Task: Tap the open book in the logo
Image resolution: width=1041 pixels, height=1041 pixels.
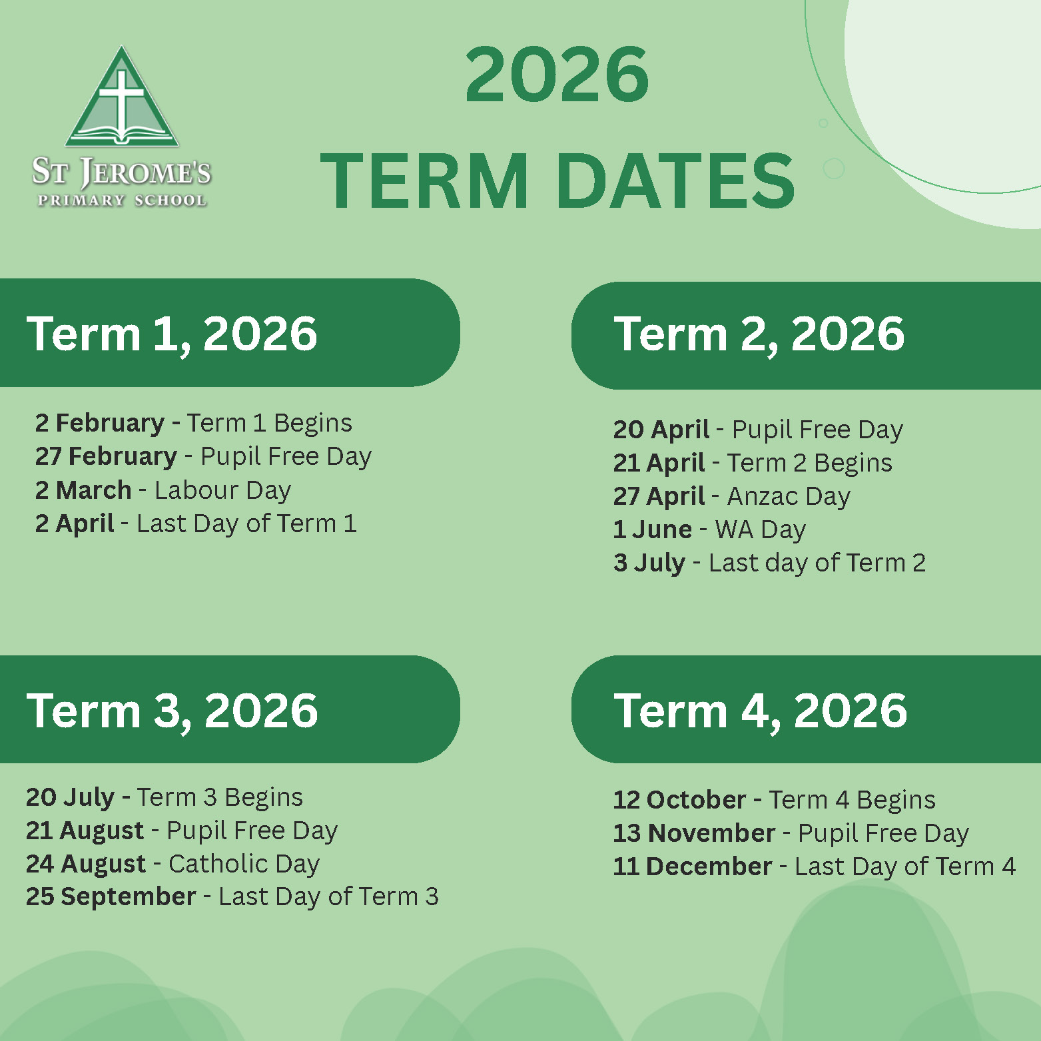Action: pos(122,135)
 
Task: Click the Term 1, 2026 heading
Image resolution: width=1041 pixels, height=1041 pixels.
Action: pos(172,334)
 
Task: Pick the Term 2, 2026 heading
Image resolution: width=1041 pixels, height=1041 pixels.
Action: pos(759,334)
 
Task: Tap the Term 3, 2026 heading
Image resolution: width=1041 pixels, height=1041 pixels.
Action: pos(172,711)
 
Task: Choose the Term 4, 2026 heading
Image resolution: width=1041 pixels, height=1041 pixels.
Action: pos(761,711)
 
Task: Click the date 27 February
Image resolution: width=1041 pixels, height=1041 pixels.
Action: pos(107,456)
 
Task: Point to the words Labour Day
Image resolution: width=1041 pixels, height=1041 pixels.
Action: pos(223,490)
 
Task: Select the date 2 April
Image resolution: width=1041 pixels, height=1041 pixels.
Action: pos(75,524)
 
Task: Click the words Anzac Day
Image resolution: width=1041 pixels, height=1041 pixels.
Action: pos(789,497)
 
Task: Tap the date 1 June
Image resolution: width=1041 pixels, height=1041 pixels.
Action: pos(653,529)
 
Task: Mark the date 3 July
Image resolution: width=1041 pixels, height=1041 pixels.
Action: pos(649,563)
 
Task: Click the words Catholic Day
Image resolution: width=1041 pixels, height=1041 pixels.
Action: pos(244,865)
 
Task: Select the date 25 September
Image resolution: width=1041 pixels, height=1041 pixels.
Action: pos(111,897)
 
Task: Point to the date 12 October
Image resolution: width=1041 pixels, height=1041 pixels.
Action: pos(679,800)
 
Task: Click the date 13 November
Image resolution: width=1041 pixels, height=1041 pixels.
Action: pos(695,833)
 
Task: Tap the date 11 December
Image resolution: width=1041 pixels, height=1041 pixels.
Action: pos(693,867)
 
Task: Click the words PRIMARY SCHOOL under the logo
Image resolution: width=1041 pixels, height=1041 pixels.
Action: pos(122,200)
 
